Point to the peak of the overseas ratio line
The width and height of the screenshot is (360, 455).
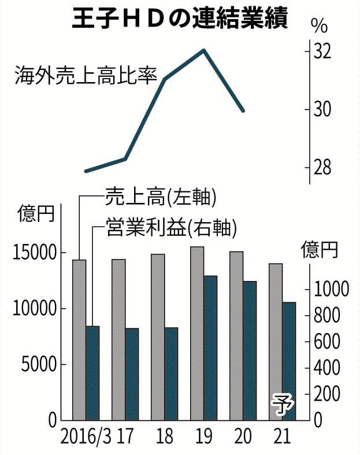203,50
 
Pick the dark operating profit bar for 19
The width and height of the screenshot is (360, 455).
210,347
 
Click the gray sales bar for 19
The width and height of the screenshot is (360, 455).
197,333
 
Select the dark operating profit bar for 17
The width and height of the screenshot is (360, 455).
132,373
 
